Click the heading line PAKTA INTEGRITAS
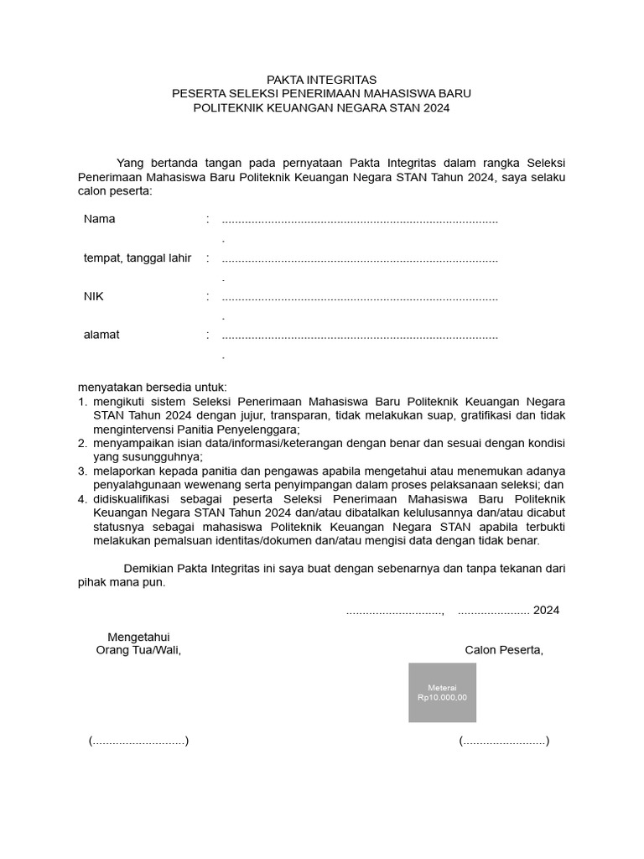pyautogui.click(x=321, y=80)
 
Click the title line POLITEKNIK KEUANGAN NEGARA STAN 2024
pyautogui.click(x=321, y=108)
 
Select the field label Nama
pyautogui.click(x=99, y=219)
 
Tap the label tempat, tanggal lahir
pyautogui.click(x=138, y=258)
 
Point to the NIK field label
pyautogui.click(x=93, y=296)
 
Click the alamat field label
pyautogui.click(x=101, y=335)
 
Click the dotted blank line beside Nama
pyautogui.click(x=360, y=221)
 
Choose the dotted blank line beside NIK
pyautogui.click(x=360, y=298)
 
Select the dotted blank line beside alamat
pyautogui.click(x=360, y=336)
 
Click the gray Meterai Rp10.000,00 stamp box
pyautogui.click(x=442, y=692)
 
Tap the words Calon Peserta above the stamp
pyautogui.click(x=504, y=650)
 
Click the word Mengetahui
pyautogui.click(x=138, y=637)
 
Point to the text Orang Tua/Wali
pyautogui.click(x=138, y=650)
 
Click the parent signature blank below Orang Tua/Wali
pyautogui.click(x=138, y=741)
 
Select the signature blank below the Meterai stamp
pyautogui.click(x=503, y=741)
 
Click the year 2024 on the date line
pyautogui.click(x=546, y=610)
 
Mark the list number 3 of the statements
pyautogui.click(x=83, y=471)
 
